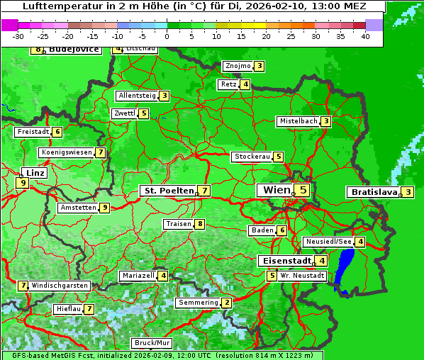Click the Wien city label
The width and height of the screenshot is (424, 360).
pyautogui.click(x=276, y=190)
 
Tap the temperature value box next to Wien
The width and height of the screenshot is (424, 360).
pyautogui.click(x=303, y=190)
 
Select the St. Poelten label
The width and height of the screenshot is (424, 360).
pyautogui.click(x=168, y=191)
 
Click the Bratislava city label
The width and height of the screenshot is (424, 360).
pyautogui.click(x=373, y=192)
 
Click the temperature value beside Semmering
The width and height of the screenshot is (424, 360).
pyautogui.click(x=226, y=303)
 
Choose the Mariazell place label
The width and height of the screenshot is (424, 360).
pyautogui.click(x=138, y=275)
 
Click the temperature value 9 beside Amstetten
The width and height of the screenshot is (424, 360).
pyautogui.click(x=104, y=208)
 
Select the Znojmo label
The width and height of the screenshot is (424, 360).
pyautogui.click(x=238, y=66)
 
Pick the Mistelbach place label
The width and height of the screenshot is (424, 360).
pyautogui.click(x=298, y=121)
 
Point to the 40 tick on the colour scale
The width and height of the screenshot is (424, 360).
pyautogui.click(x=365, y=35)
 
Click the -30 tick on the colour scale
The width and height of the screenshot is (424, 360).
pyautogui.click(x=18, y=35)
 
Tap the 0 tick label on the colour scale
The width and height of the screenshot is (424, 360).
pyautogui.click(x=167, y=35)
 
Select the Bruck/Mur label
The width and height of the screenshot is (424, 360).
pyautogui.click(x=152, y=343)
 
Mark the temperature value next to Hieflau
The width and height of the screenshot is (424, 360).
pyautogui.click(x=89, y=309)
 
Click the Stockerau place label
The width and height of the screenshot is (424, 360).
pyautogui.click(x=252, y=157)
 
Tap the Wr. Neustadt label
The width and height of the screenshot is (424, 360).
pyautogui.click(x=302, y=275)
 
